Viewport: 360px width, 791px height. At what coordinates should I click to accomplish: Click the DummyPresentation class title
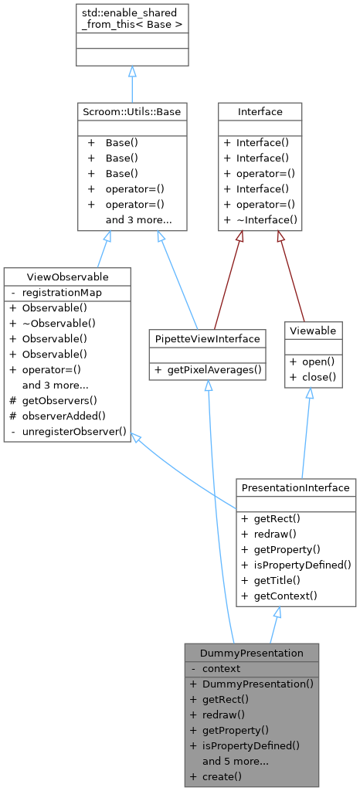click(251, 653)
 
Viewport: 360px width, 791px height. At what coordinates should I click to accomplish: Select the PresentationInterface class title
click(296, 487)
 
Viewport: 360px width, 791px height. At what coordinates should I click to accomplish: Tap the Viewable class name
click(314, 331)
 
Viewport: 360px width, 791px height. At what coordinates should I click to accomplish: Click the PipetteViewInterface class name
click(207, 338)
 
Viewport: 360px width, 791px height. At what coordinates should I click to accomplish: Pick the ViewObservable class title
click(67, 277)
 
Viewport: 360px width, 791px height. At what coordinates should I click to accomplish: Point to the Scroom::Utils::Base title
click(132, 112)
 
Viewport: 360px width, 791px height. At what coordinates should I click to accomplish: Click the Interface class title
click(260, 112)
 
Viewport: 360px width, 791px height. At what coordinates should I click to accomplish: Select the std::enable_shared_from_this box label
click(132, 19)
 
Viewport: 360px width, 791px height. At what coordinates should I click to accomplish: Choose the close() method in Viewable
click(318, 377)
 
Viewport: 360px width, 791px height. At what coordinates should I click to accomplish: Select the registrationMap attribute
click(62, 293)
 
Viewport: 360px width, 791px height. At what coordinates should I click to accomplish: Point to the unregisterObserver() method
click(74, 430)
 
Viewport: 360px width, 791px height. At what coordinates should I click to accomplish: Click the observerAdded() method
click(63, 415)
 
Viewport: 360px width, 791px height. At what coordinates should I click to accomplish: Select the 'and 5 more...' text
click(235, 760)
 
